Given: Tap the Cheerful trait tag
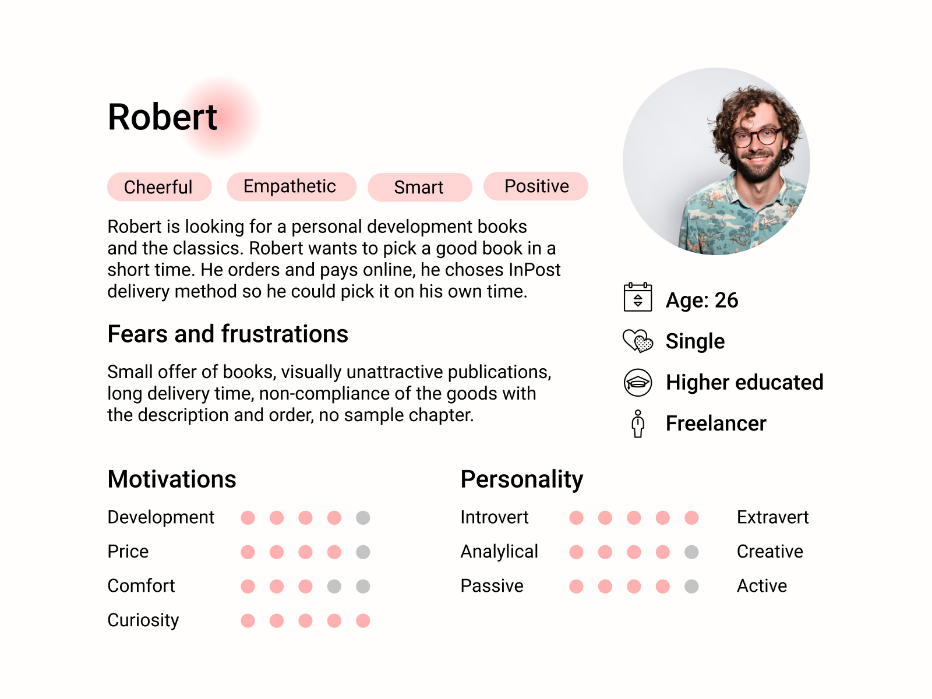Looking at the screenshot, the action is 159,187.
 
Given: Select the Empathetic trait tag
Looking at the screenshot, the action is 291,186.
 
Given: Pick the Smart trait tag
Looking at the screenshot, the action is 419,187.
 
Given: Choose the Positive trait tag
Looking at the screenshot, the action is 535,186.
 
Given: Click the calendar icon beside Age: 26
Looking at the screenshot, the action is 637,296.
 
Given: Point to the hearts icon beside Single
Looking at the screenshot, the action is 637,341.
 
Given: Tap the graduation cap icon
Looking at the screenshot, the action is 637,382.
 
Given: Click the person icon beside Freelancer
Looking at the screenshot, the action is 637,423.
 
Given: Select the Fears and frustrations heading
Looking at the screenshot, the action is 228,334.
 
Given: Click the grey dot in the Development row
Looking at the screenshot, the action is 363,518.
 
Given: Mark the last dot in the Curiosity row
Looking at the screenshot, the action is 363,620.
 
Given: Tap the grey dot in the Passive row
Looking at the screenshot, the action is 691,586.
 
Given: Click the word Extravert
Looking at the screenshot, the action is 772,517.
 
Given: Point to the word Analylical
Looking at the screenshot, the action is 499,552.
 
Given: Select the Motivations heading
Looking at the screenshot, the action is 171,479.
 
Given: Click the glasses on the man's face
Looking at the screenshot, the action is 756,137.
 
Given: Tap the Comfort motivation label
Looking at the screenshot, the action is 141,586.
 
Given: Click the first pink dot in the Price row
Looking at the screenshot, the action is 248,552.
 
